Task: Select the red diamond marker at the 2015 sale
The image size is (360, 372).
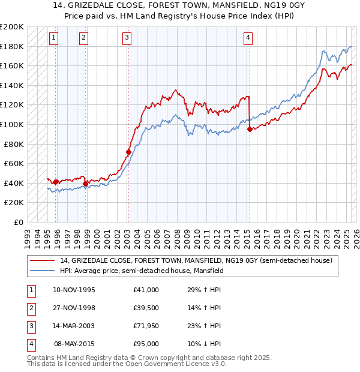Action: pyautogui.click(x=250, y=130)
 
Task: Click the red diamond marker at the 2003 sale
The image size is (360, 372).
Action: pyautogui.click(x=128, y=152)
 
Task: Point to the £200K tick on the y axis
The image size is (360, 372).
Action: pyautogui.click(x=12, y=27)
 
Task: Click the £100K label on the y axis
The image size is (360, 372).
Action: pyautogui.click(x=12, y=124)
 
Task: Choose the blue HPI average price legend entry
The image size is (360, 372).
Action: pyautogui.click(x=141, y=271)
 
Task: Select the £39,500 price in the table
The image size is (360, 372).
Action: pyautogui.click(x=146, y=308)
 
